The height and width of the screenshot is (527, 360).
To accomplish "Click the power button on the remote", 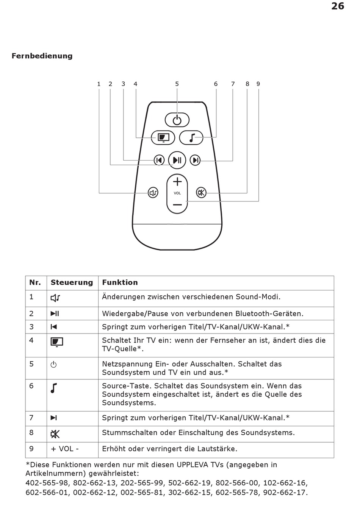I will (x=177, y=120).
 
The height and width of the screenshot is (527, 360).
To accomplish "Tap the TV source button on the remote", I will (x=163, y=137).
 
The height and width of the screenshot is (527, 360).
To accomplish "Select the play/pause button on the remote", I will (x=177, y=160).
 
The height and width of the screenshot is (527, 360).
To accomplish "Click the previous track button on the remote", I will (x=159, y=160).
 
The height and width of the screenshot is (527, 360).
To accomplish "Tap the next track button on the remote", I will (x=195, y=160).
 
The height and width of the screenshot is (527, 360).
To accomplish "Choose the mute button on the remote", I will (x=201, y=193).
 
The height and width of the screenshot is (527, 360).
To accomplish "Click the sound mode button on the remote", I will (x=153, y=193).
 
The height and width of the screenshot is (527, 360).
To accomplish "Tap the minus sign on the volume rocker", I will (x=177, y=205).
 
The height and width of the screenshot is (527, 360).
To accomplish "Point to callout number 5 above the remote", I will (x=177, y=84).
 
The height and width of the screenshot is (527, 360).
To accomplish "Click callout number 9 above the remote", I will (x=258, y=84).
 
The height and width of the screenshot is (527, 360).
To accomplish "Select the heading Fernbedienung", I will (x=42, y=56).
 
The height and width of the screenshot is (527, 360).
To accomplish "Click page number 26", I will (x=338, y=6).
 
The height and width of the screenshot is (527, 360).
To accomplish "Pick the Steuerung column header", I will (x=72, y=282).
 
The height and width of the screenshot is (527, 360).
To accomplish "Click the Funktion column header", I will (x=120, y=282).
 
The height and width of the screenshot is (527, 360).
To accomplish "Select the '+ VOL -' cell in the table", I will (x=65, y=449).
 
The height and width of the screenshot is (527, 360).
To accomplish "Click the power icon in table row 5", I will (x=54, y=365).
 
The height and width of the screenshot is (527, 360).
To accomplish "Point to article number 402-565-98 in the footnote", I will (x=47, y=483).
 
